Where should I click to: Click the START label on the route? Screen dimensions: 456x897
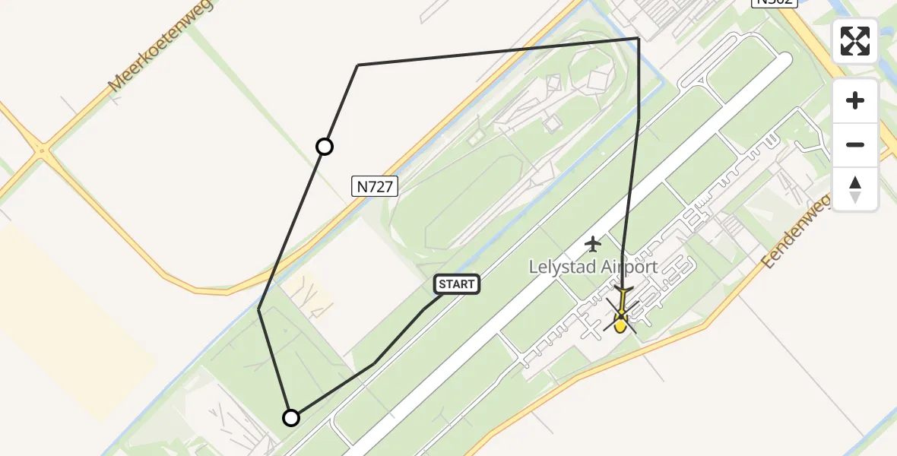tap(456, 285)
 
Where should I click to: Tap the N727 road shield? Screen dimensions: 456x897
tap(376, 186)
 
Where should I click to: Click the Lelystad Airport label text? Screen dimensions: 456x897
tap(593, 268)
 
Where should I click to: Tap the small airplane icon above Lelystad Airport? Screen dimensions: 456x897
tap(593, 244)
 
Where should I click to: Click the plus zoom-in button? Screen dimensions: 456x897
tap(855, 101)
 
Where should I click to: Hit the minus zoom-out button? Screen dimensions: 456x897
tap(855, 144)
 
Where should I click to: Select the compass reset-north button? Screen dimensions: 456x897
tap(855, 188)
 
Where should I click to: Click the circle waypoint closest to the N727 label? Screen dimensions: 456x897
tap(325, 147)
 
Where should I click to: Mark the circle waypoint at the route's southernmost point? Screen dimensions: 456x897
tap(291, 417)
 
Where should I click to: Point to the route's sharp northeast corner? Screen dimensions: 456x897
tap(638, 39)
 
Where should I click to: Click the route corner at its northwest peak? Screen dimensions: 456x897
tap(358, 65)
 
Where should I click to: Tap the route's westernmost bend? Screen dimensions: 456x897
tap(259, 309)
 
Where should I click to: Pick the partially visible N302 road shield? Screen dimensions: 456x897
tap(773, 3)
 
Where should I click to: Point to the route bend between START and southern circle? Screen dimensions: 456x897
tap(373, 364)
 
